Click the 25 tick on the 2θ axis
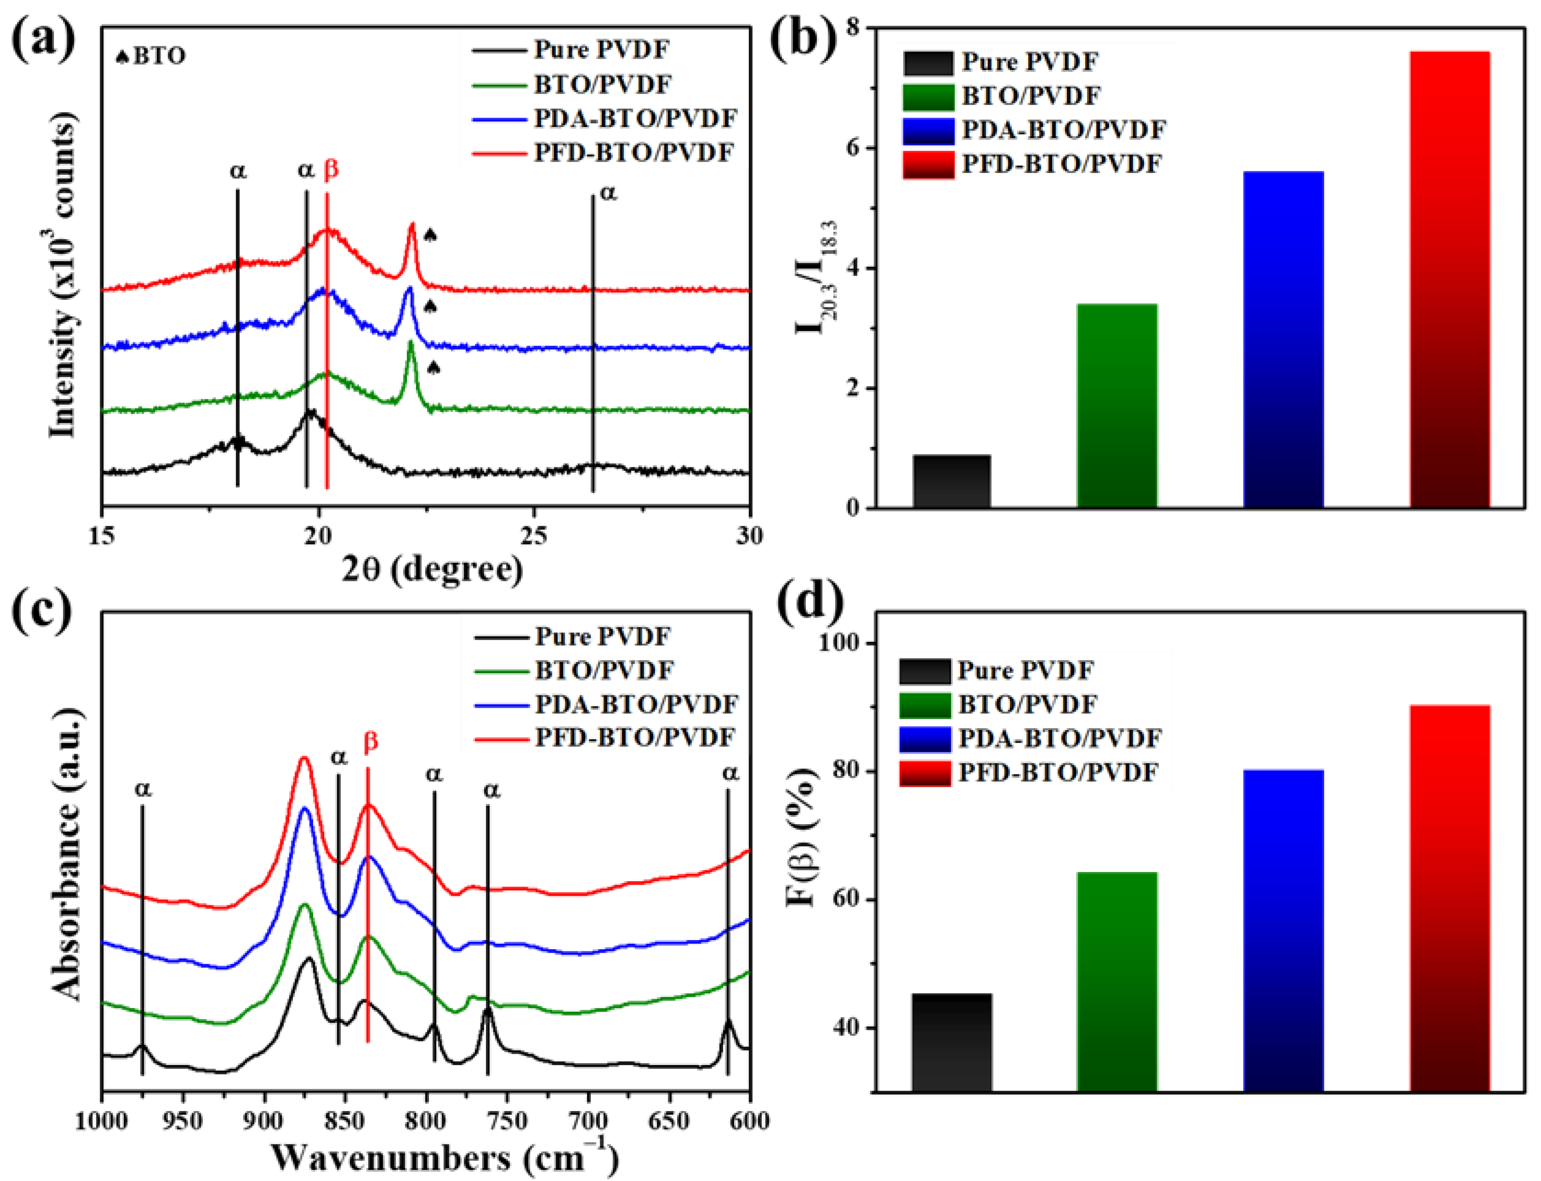534,536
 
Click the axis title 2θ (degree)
432,569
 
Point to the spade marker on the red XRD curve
430,236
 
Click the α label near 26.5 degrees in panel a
608,192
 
